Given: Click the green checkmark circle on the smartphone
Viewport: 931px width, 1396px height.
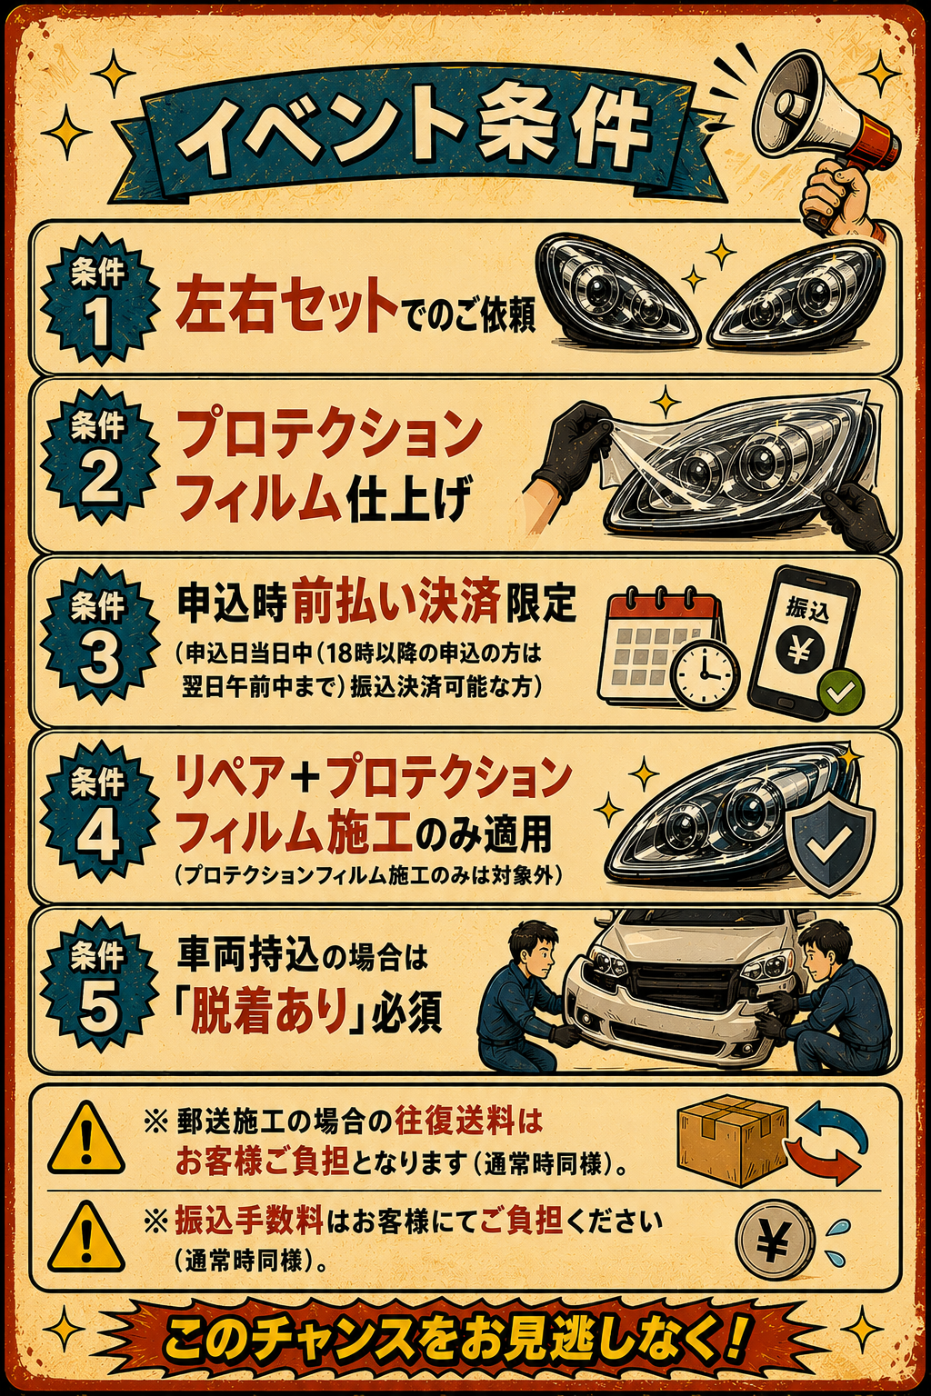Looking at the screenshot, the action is point(841,691).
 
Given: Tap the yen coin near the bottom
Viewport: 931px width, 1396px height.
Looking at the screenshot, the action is point(776,1246).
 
